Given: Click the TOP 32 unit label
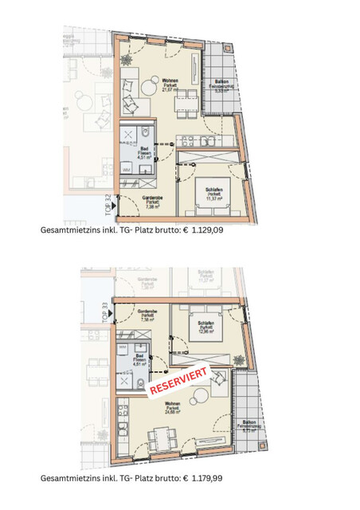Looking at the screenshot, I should tap(108, 206).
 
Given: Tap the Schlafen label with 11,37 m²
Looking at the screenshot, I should tap(213, 193).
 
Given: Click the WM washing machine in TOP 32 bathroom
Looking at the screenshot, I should tap(126, 170).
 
